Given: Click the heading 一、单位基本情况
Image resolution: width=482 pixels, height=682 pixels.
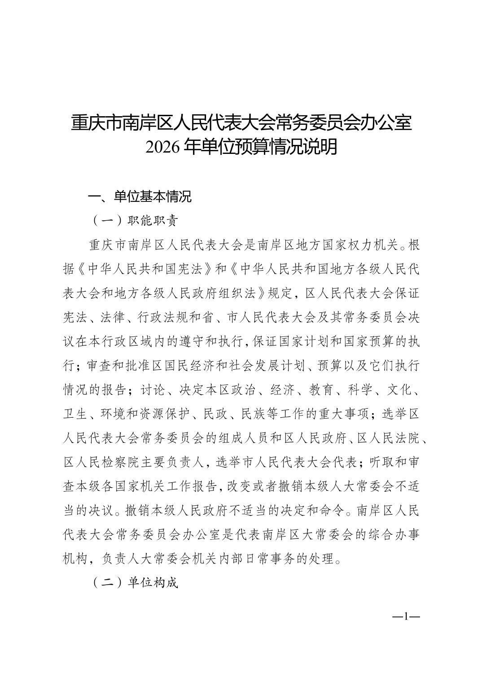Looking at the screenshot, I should click(140, 197).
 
